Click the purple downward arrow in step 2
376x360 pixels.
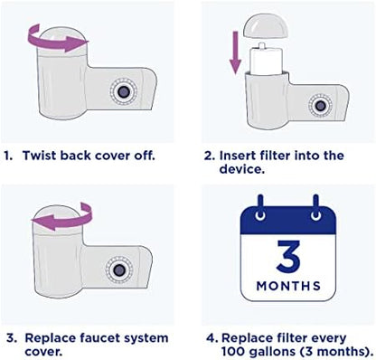pos(235,52)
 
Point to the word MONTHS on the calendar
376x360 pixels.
pos(288,286)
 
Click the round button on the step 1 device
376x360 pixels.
pos(123,91)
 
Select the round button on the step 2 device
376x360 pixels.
pos(320,106)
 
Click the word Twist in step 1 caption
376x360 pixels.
pos(40,156)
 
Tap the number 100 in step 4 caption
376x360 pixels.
pos(234,351)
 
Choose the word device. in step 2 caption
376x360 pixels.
pos(242,169)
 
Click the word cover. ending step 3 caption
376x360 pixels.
pos(43,352)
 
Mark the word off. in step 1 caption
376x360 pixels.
pos(145,156)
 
